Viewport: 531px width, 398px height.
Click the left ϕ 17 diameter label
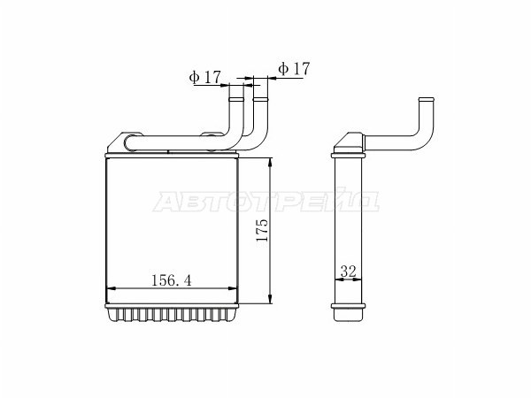[204, 77]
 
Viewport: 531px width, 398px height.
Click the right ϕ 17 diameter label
[294, 68]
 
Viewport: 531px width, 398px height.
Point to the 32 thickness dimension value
[348, 273]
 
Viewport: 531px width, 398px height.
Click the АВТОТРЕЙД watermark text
[266, 203]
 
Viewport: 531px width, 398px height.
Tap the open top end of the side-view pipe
[424, 100]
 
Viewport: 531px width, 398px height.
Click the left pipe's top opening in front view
[236, 87]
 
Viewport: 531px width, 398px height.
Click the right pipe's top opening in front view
[260, 87]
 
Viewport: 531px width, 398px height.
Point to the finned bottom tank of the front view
[173, 314]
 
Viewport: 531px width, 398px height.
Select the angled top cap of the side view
[349, 143]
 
